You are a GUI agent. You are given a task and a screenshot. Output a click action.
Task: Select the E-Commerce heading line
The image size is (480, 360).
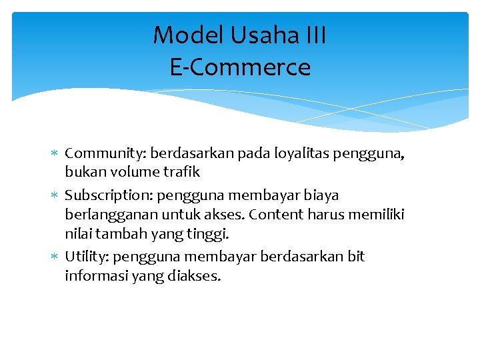click(240, 67)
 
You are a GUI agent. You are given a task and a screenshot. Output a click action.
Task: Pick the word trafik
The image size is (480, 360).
click(182, 172)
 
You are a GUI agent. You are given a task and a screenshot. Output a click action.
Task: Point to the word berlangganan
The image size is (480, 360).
click(107, 215)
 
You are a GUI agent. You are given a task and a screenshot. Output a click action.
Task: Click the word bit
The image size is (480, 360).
click(355, 257)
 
